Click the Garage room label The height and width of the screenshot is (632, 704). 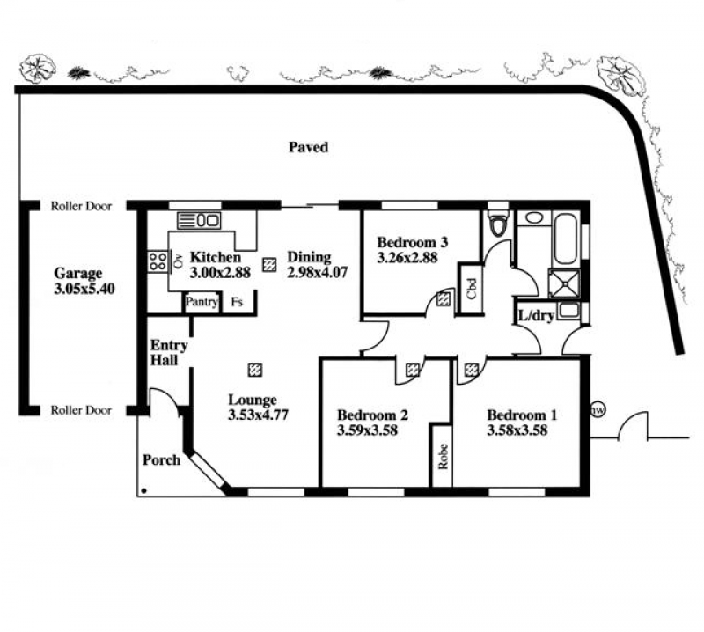point(78,274)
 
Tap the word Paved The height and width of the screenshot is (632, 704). point(308,147)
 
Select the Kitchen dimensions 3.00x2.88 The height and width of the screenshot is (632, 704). point(220,273)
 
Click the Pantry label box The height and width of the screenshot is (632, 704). point(202,302)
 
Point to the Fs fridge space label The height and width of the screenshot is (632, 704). point(238,302)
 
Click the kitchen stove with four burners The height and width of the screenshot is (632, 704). point(158,260)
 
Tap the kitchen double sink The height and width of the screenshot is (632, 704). point(199,219)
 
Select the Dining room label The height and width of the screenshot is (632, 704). point(309,257)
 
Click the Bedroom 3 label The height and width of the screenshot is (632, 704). point(413,243)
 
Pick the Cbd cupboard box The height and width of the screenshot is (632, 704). point(471,289)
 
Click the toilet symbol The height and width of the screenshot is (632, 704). point(499,223)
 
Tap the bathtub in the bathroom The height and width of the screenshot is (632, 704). point(566,239)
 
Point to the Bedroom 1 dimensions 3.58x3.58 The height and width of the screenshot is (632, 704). point(517,431)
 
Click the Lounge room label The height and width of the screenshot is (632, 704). point(252,400)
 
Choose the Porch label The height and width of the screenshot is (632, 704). point(161,459)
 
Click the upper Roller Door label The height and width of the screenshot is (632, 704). point(79,206)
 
